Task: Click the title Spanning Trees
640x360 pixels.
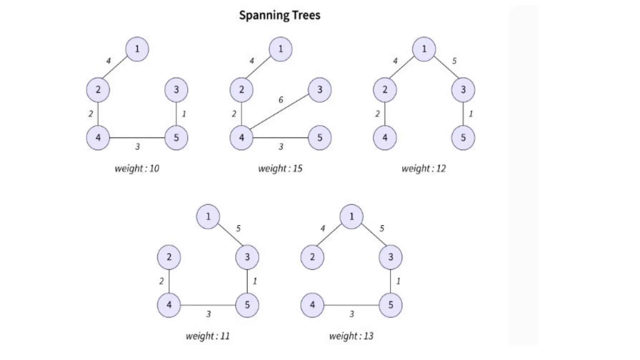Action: (x=280, y=15)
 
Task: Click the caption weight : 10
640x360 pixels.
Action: (x=137, y=169)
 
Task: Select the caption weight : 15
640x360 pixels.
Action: (x=280, y=169)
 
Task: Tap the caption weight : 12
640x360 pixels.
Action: (x=424, y=169)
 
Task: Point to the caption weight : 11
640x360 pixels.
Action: (x=208, y=336)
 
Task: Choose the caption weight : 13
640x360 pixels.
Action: (x=351, y=336)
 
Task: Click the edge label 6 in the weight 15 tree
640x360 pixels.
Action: (x=281, y=100)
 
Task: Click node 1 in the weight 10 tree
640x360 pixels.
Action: (x=137, y=49)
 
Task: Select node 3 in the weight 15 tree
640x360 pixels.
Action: (x=320, y=90)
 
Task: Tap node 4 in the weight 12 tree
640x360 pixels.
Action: (x=385, y=138)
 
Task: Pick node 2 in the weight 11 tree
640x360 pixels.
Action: (x=169, y=257)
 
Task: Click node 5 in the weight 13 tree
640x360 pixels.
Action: (x=391, y=305)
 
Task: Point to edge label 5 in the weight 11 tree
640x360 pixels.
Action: (x=238, y=229)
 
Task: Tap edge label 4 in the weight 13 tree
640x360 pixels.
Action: (x=322, y=229)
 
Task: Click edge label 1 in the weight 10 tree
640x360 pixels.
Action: (x=184, y=114)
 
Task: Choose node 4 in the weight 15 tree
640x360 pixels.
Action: (x=242, y=138)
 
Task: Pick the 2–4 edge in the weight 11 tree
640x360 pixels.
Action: (x=169, y=281)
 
